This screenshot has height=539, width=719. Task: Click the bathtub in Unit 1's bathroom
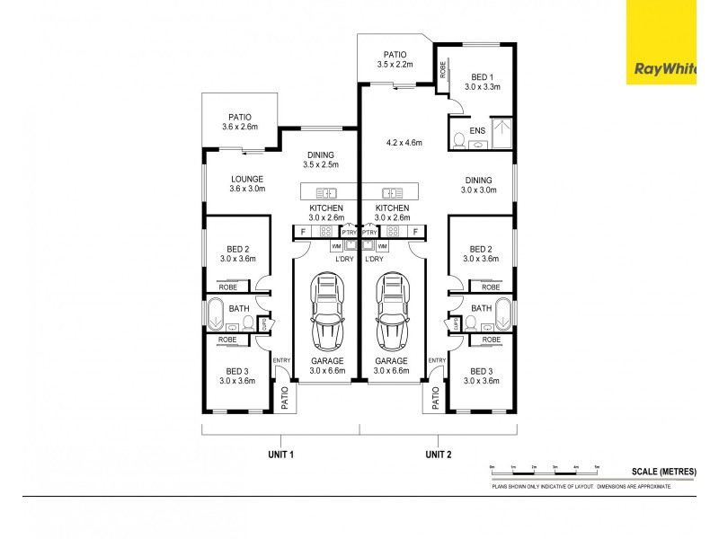[216, 315]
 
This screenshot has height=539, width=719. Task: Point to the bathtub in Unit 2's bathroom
[503, 315]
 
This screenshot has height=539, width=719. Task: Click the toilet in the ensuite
[460, 139]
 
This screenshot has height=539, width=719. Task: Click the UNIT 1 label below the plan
[280, 455]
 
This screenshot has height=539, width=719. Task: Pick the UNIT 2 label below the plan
[439, 455]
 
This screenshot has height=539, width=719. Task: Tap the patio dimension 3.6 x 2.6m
[240, 127]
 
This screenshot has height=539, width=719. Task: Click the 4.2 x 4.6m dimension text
[404, 142]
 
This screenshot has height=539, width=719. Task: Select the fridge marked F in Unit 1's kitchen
[304, 232]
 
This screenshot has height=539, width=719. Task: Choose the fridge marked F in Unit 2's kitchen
[416, 232]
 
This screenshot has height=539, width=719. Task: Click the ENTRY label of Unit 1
[282, 360]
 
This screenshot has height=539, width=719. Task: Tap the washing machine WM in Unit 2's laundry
[382, 245]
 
